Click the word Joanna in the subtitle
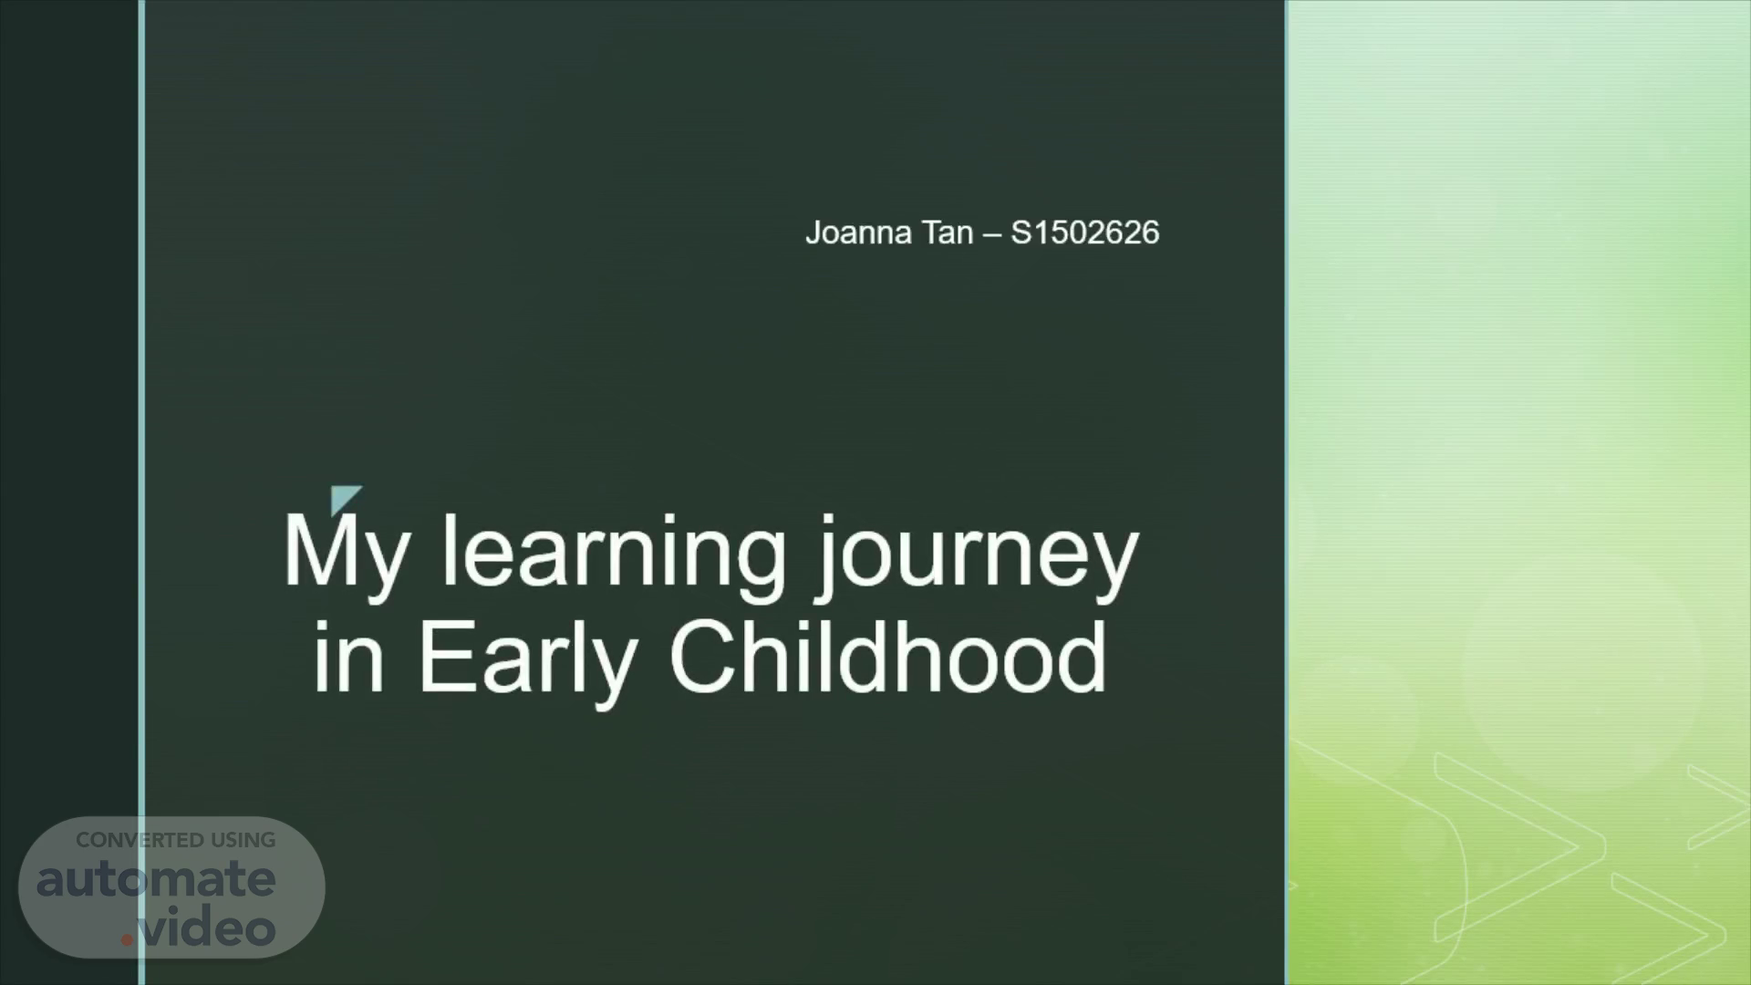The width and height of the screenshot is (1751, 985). point(858,233)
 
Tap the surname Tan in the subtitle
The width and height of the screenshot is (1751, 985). point(947,233)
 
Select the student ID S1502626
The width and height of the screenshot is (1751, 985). point(1085,233)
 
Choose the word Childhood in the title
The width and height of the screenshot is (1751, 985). point(888,656)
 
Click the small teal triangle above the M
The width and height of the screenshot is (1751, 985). point(343,498)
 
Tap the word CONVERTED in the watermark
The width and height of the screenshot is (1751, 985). point(140,840)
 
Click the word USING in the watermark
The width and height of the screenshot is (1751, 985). point(243,840)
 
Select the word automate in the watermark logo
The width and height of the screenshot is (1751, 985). point(156,879)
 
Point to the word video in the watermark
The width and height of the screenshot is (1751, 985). point(208,928)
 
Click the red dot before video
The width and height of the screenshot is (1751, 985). point(128,939)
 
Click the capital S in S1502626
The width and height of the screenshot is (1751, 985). point(1021,233)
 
